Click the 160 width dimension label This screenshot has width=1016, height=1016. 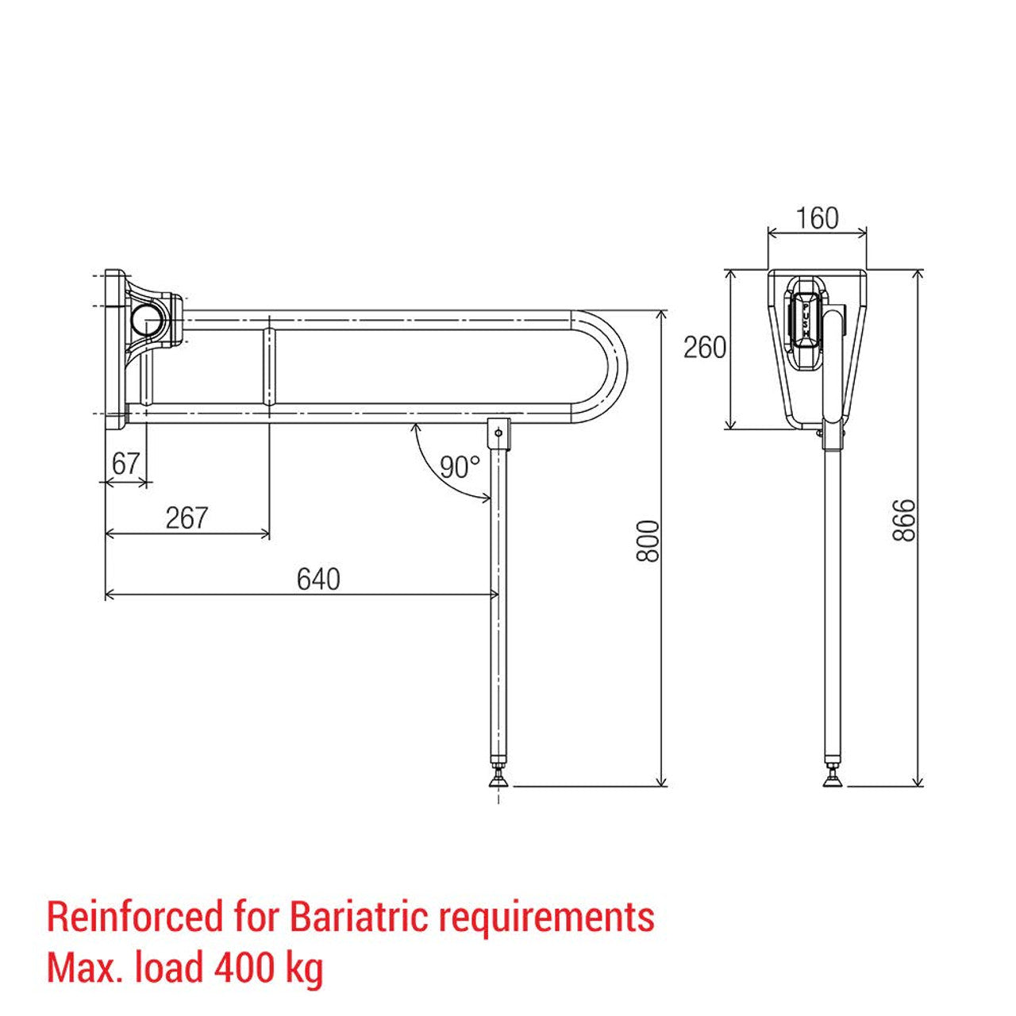(x=817, y=217)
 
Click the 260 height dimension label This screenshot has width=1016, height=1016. (x=705, y=348)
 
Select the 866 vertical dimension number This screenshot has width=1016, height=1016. (x=904, y=521)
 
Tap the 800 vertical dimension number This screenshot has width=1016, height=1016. (x=648, y=541)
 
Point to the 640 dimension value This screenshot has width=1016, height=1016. (x=318, y=579)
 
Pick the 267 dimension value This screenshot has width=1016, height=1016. (x=187, y=518)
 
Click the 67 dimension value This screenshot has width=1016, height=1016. (x=125, y=464)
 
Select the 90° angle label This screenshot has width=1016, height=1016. (x=460, y=467)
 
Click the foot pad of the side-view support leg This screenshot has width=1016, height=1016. (x=833, y=781)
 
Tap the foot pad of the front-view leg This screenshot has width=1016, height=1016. (x=498, y=781)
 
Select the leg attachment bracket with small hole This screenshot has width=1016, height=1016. (x=498, y=433)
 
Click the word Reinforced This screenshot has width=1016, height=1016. (x=136, y=918)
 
